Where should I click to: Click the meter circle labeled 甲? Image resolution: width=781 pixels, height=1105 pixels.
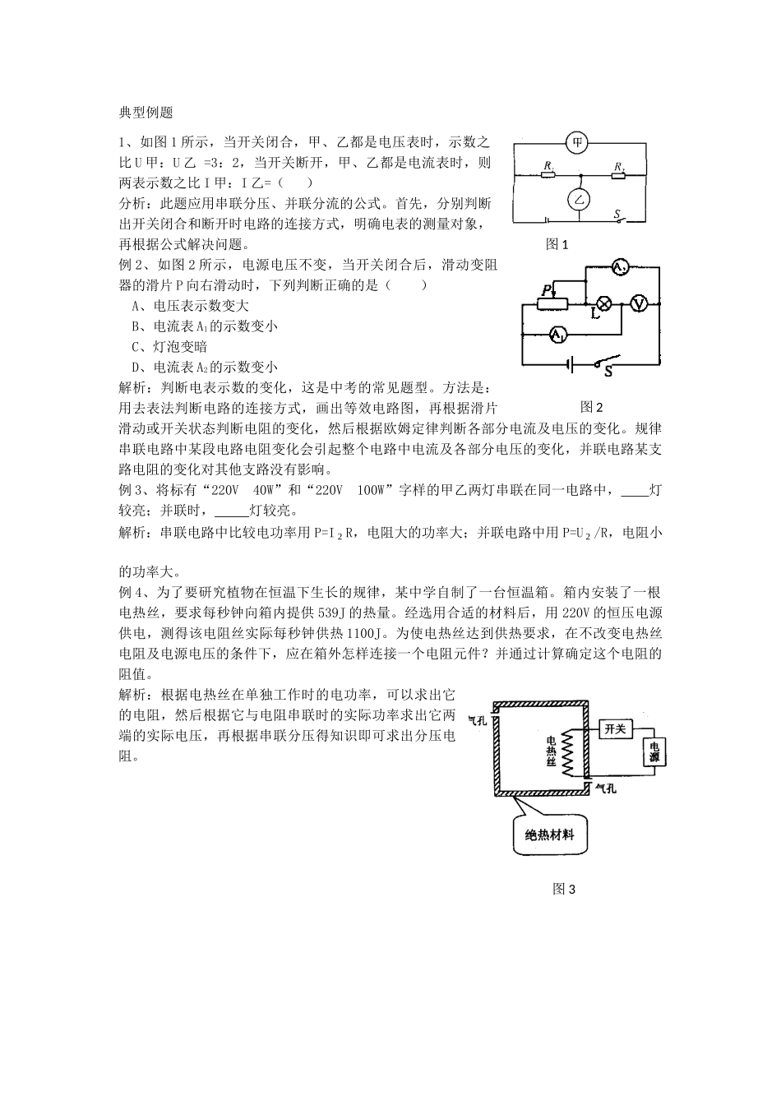tap(580, 142)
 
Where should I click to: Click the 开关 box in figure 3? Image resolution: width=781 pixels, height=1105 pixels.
tap(615, 728)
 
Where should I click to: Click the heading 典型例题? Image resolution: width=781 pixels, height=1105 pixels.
tap(146, 113)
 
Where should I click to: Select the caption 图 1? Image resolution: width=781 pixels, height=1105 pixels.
tap(557, 244)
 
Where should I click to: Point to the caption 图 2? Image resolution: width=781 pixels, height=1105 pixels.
tap(591, 407)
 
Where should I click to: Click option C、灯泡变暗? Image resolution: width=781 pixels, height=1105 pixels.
tap(169, 347)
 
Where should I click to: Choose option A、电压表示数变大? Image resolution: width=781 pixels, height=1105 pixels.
tap(190, 306)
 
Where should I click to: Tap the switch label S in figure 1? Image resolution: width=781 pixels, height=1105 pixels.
tap(617, 215)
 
